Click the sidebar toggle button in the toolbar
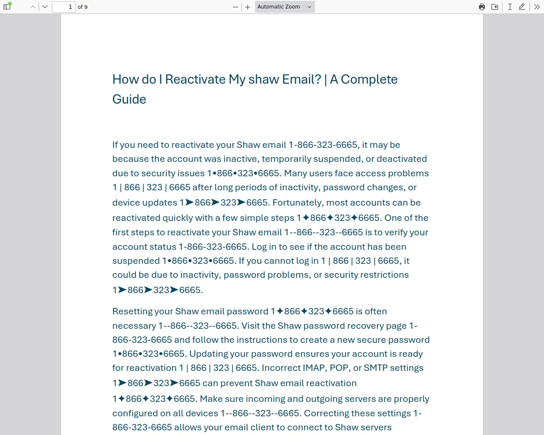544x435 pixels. tap(7, 7)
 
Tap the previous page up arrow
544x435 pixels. tap(33, 7)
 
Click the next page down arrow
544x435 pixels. tap(45, 7)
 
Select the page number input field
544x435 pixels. tap(63, 7)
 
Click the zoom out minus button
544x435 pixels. tap(235, 7)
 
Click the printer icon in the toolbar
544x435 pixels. tap(482, 7)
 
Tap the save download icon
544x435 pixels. tap(495, 7)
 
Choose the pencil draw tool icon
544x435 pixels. tap(522, 7)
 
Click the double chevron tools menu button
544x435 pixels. tap(537, 7)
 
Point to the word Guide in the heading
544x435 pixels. tap(129, 99)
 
